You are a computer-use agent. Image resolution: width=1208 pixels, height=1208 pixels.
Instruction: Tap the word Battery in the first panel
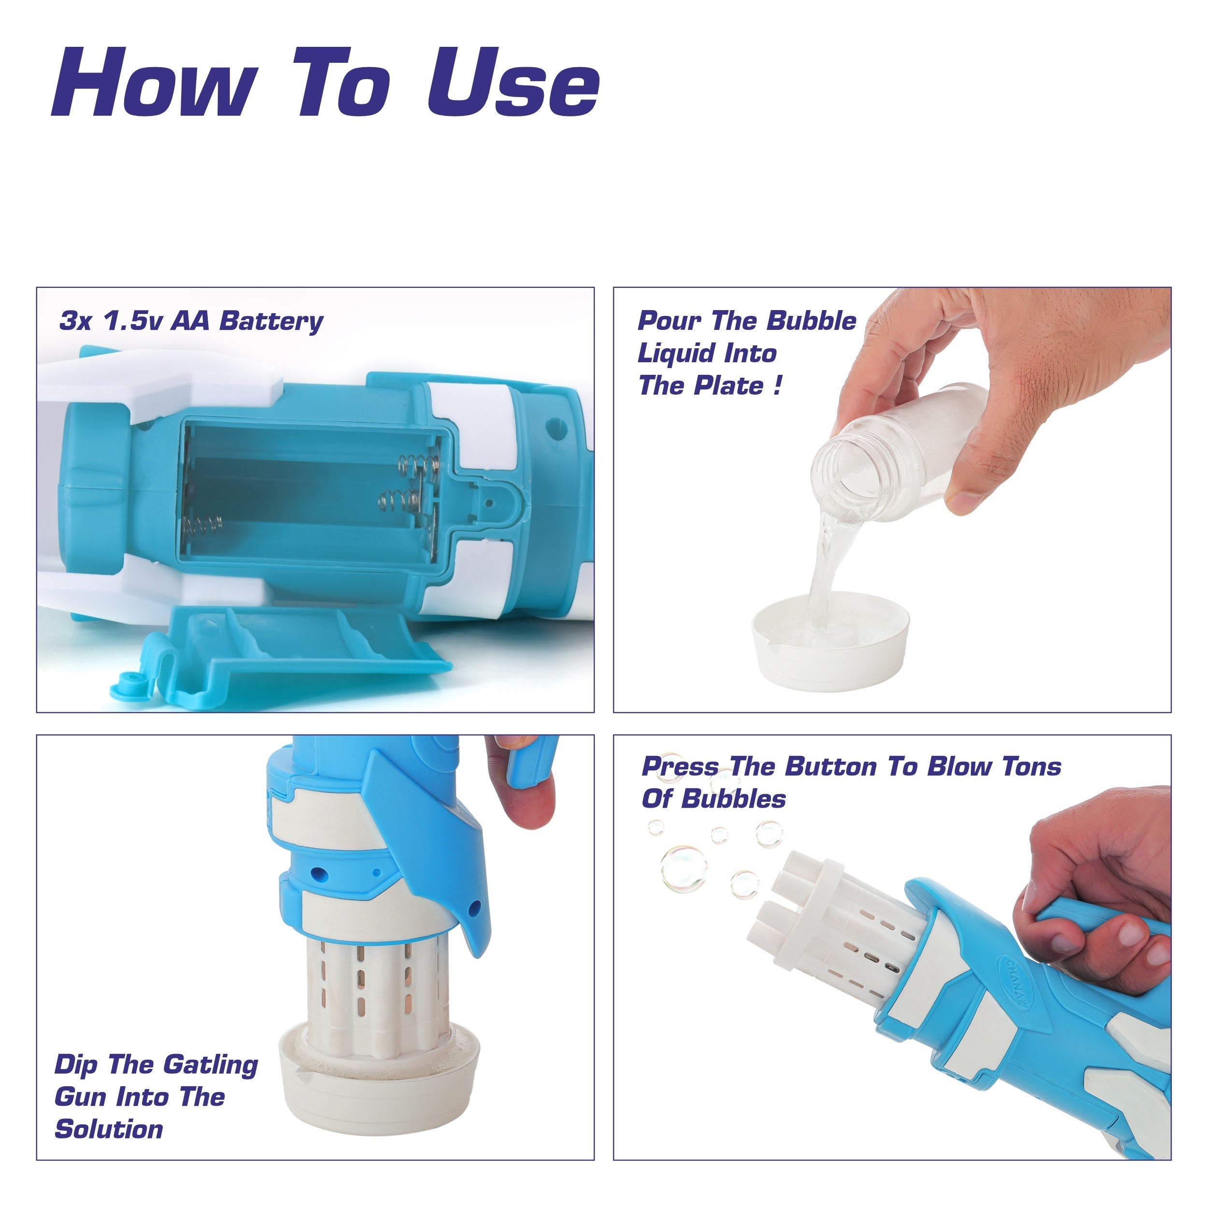(x=271, y=321)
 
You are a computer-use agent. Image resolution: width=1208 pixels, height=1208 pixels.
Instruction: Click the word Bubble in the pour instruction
(x=811, y=321)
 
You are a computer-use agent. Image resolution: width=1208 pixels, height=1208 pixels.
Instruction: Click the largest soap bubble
(x=684, y=868)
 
